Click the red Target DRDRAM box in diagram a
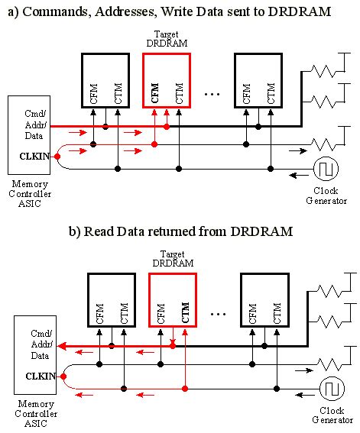[x=167, y=80]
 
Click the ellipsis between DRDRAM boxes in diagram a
[x=213, y=93]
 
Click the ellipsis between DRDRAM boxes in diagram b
[x=219, y=313]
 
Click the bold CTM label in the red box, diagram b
[x=185, y=313]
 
